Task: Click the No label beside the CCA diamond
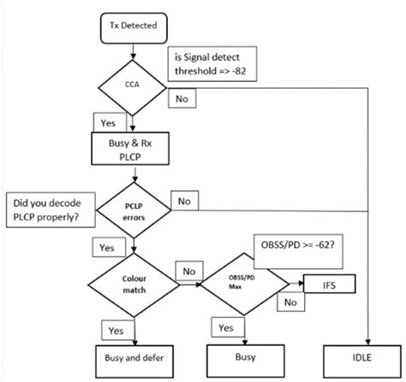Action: pyautogui.click(x=182, y=98)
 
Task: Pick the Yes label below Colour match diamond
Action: pyautogui.click(x=116, y=329)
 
